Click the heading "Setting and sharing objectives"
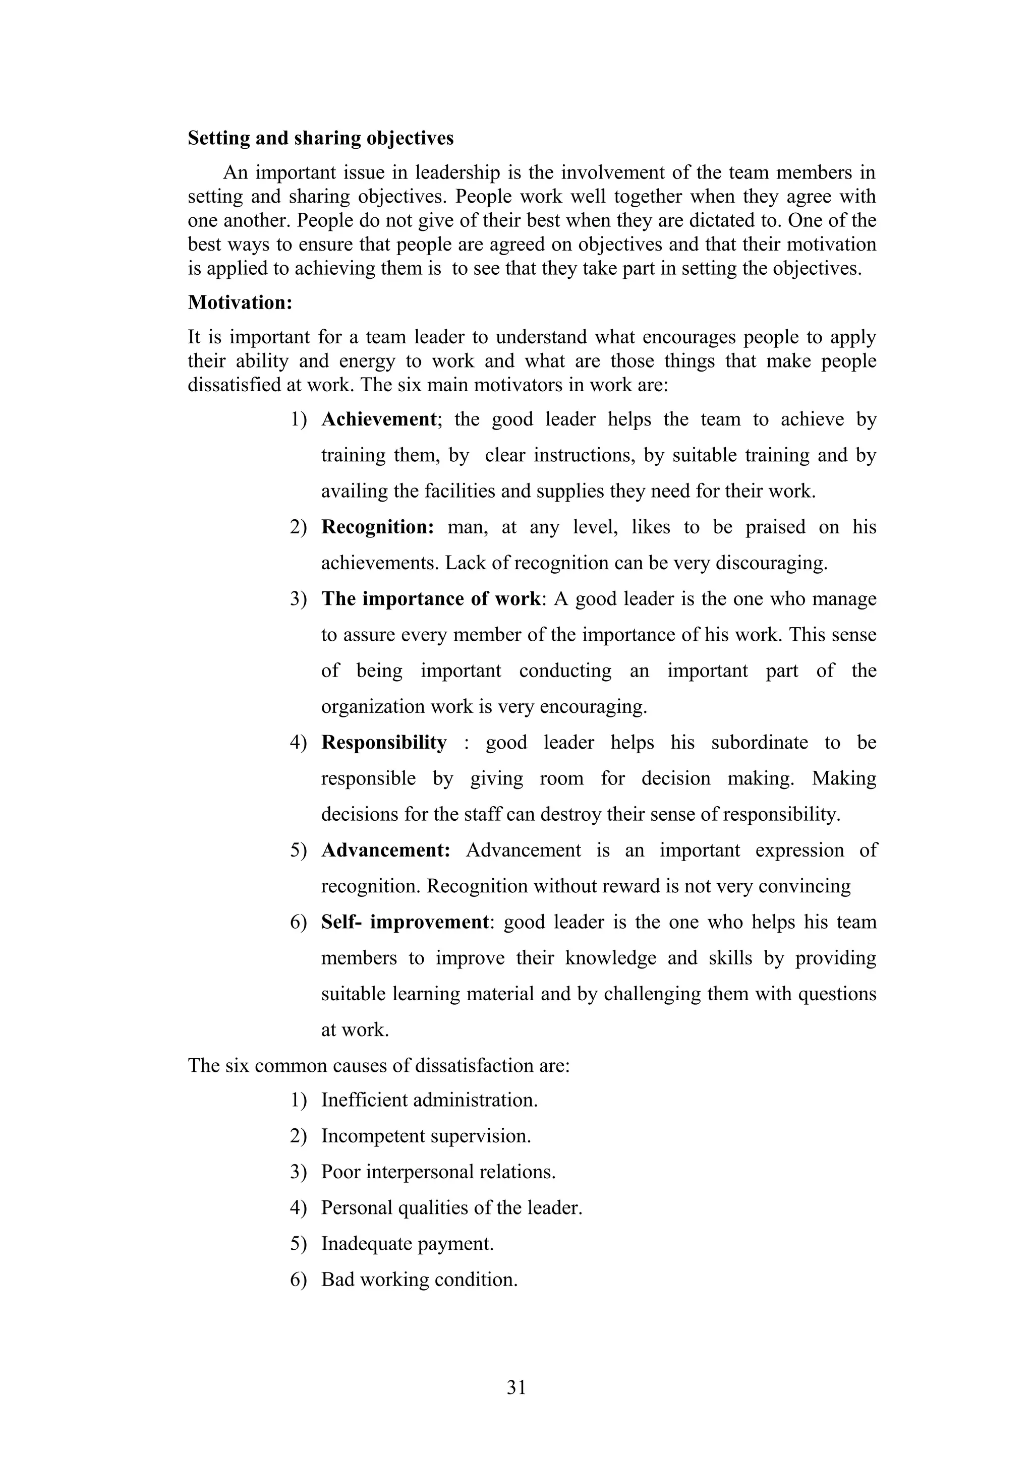coord(320,138)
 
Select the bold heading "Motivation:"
coord(240,302)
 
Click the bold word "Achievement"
coord(379,419)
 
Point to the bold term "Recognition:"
coord(377,527)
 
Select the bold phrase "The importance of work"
coord(431,599)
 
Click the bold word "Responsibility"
coord(384,743)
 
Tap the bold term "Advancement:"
coord(386,850)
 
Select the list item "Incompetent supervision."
coord(426,1136)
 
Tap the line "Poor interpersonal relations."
coord(438,1172)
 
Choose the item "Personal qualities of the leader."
coord(451,1208)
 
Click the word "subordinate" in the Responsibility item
coord(759,743)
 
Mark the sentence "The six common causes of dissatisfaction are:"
coord(379,1066)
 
